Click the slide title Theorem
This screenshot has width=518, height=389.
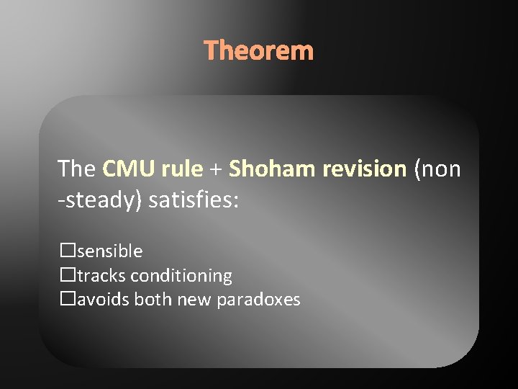point(259,51)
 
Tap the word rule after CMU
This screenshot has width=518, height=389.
point(182,169)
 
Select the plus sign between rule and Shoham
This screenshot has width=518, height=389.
point(216,170)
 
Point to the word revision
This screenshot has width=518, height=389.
point(365,169)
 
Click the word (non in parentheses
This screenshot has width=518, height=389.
point(437,169)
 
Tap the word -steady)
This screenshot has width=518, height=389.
point(100,200)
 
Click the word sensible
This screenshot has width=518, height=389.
point(109,251)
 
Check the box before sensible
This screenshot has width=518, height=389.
point(68,251)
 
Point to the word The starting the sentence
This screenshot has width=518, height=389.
point(76,169)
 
